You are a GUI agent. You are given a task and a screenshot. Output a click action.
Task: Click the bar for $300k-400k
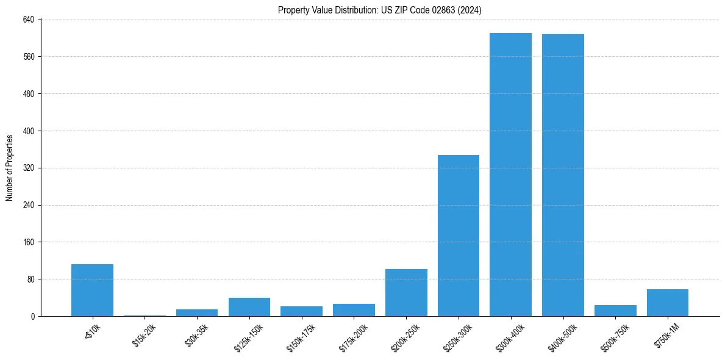(510, 175)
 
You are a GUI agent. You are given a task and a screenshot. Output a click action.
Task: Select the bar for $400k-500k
(563, 175)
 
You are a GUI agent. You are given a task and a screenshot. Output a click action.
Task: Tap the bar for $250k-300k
(459, 236)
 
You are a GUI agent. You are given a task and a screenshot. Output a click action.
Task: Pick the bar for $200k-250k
(406, 292)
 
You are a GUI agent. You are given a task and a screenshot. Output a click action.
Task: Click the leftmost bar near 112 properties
(92, 290)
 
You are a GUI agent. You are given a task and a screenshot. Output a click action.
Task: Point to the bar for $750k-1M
(668, 303)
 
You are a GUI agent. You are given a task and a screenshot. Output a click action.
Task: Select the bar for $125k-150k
(249, 307)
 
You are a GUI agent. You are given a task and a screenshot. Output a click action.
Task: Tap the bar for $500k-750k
(615, 311)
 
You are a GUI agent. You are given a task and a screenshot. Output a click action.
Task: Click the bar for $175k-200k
(354, 310)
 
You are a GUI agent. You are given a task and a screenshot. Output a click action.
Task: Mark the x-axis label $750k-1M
(666, 333)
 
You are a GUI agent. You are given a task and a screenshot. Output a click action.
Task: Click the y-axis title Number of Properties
(10, 168)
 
